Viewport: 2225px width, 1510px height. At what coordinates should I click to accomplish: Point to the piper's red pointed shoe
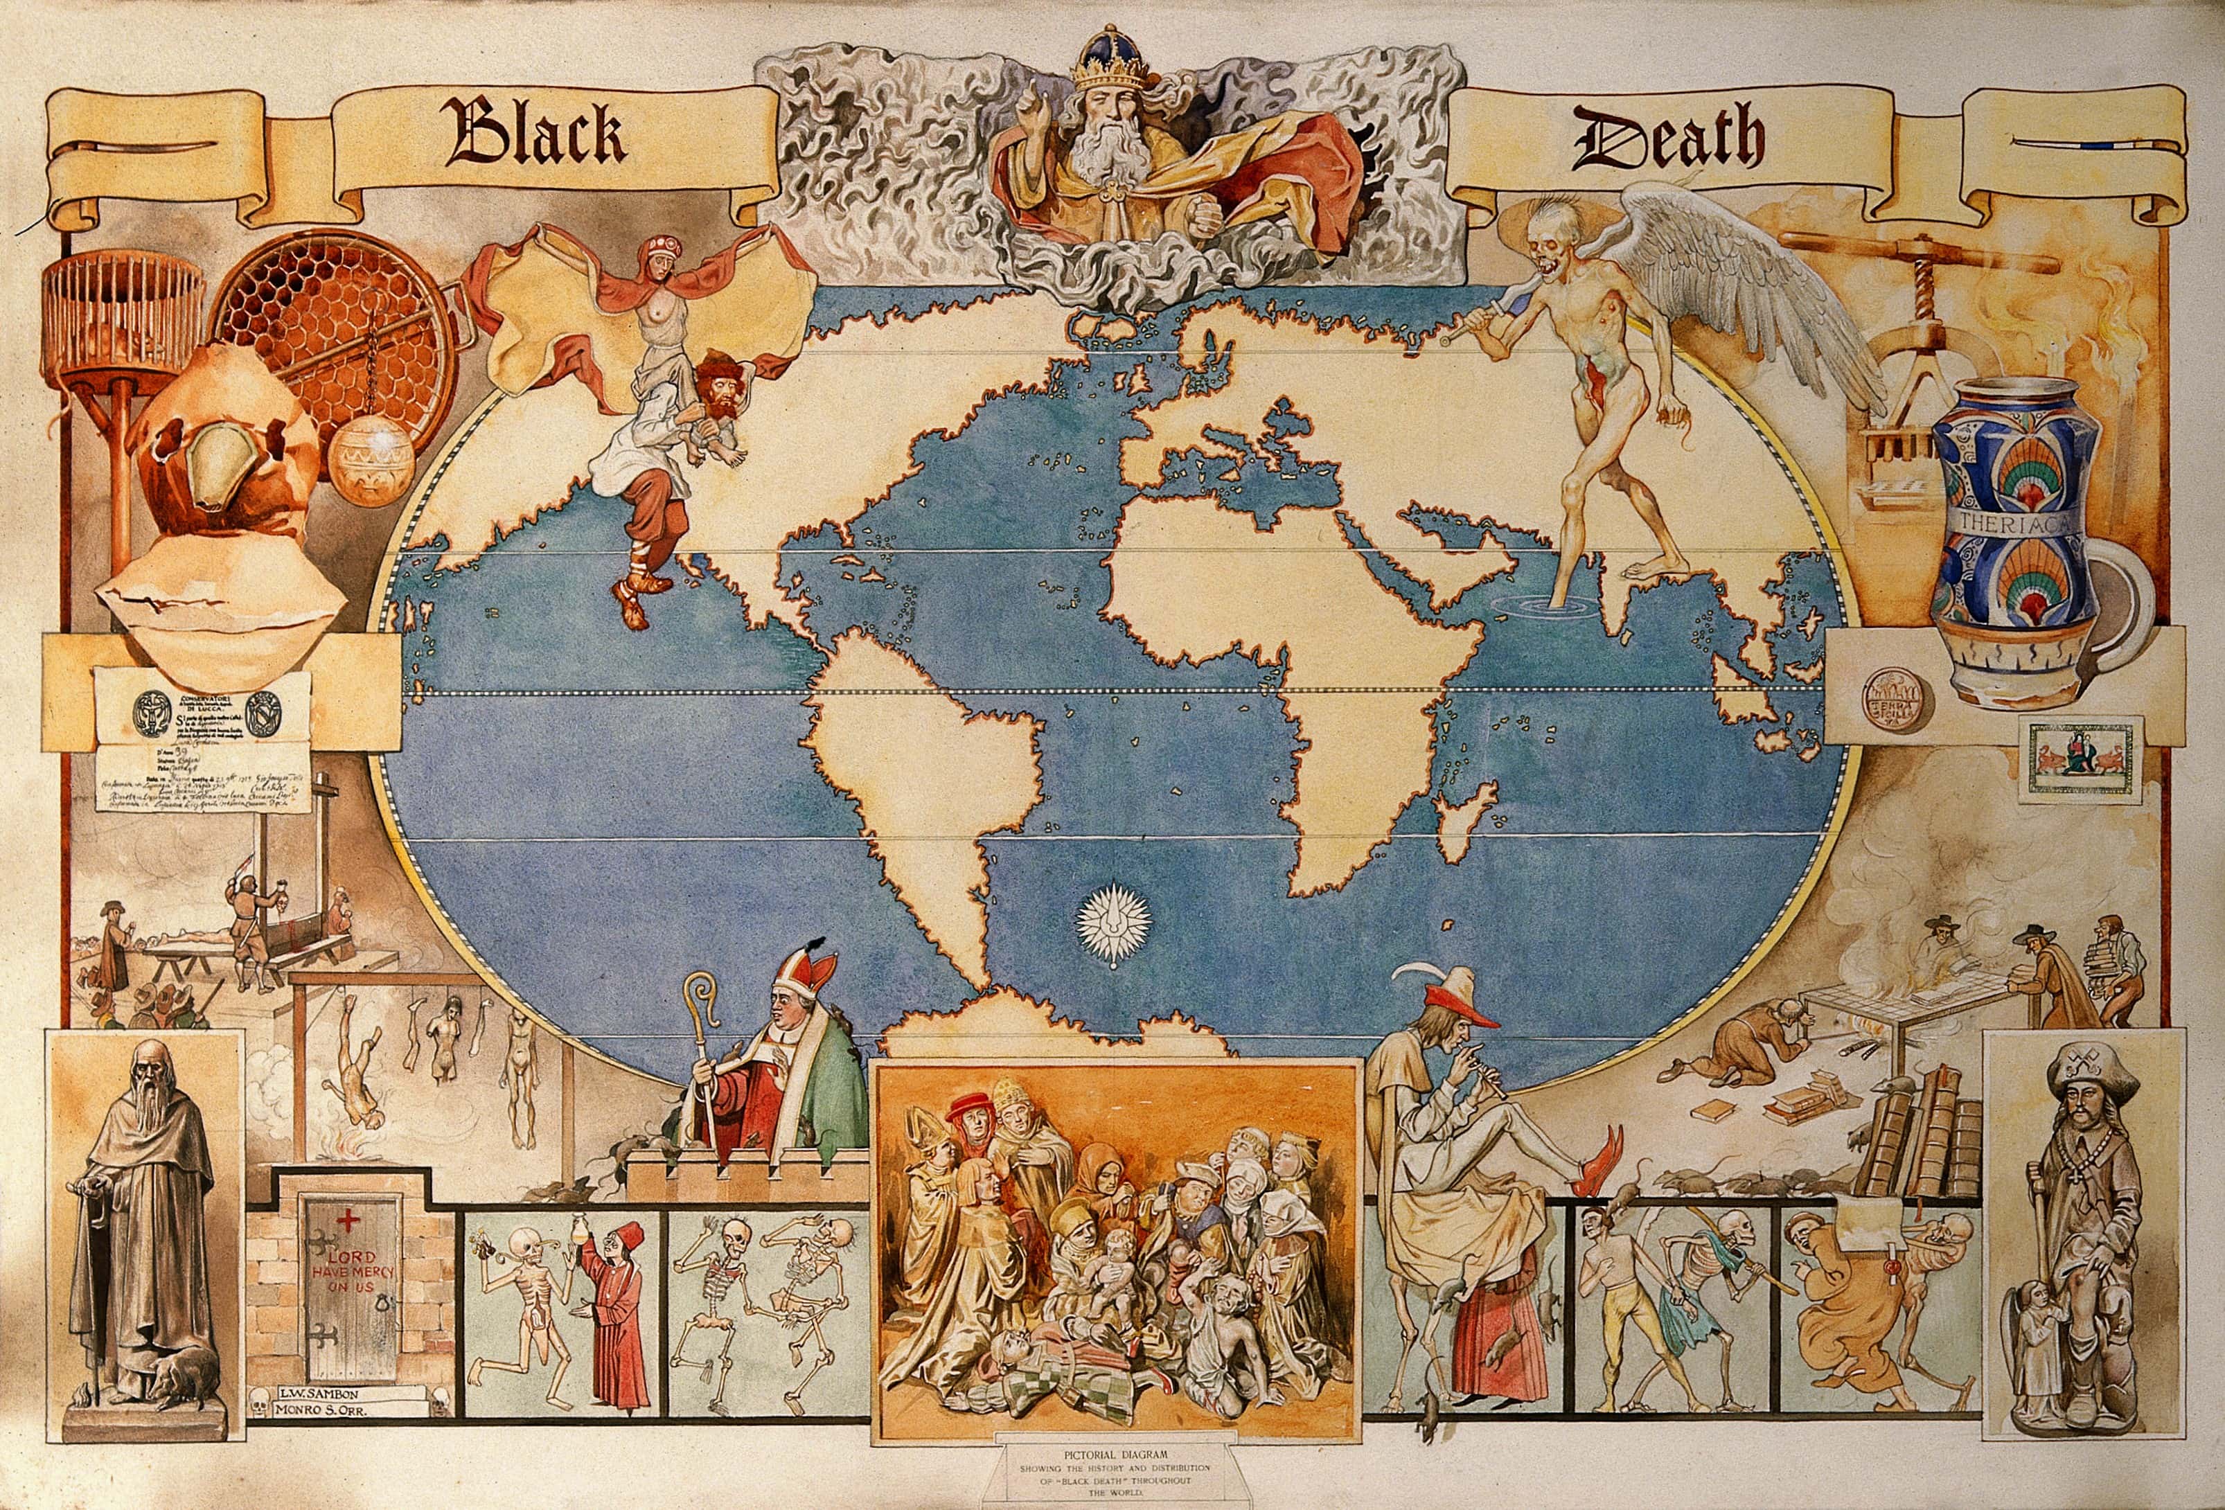click(1604, 1164)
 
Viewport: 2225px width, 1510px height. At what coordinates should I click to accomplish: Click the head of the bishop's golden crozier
click(704, 996)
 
